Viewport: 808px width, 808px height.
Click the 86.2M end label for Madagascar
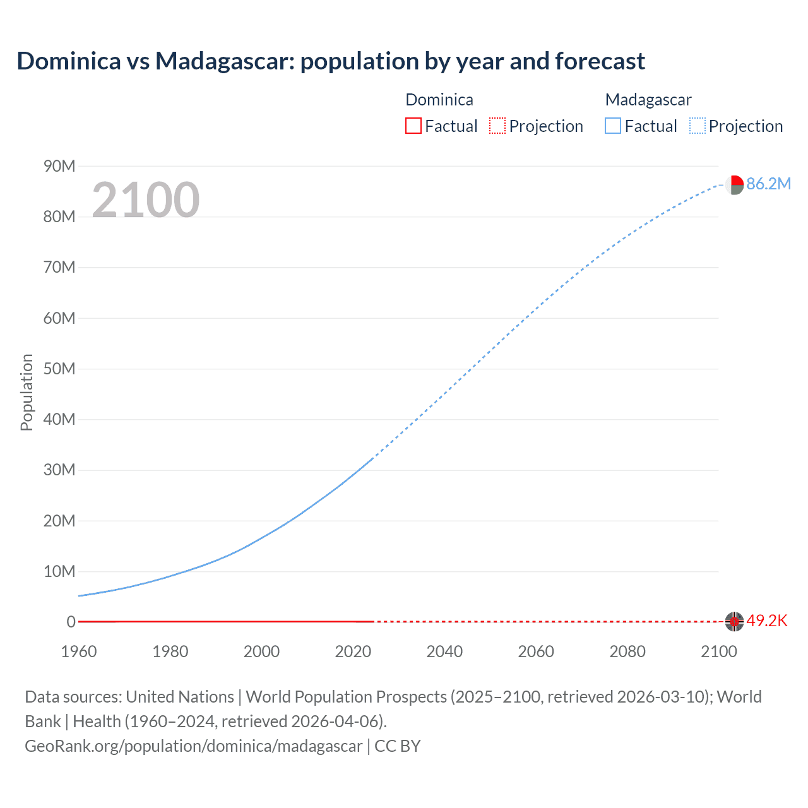[768, 184]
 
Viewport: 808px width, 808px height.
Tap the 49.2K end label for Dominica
[767, 621]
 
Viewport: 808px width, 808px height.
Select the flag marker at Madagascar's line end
[734, 185]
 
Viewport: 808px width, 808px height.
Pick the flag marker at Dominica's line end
[734, 622]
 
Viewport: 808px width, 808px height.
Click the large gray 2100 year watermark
[146, 200]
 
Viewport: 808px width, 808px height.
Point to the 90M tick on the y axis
[59, 166]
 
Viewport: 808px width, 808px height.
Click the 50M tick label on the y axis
[59, 369]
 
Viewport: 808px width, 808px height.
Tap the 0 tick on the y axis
[71, 622]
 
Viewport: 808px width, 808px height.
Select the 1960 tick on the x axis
[79, 651]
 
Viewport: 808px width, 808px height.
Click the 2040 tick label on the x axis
[444, 651]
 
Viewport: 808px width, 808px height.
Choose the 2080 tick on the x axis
[627, 651]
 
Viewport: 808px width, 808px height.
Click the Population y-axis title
[27, 392]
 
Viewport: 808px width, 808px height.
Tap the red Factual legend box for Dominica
[413, 126]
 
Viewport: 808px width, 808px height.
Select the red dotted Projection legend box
[497, 126]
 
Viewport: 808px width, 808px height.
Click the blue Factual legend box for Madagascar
[612, 126]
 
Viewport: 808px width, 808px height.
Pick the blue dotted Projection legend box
[698, 126]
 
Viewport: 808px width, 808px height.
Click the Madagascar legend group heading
[648, 100]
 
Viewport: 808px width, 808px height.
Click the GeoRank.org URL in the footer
[194, 746]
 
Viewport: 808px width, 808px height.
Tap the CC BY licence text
[398, 746]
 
